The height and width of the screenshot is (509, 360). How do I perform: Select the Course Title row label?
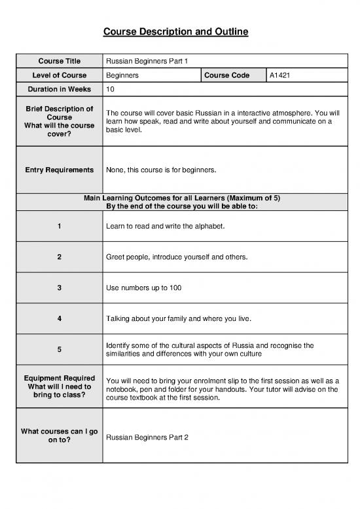(59, 61)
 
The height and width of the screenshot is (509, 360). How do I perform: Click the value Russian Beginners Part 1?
(147, 61)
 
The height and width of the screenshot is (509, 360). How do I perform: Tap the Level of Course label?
(59, 75)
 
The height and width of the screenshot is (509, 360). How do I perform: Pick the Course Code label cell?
(227, 75)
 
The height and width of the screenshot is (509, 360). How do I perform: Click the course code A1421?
(280, 75)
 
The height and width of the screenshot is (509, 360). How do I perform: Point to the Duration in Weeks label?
(59, 89)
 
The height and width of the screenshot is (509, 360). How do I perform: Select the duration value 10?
(110, 89)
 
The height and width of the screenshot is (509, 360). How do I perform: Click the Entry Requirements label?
(59, 170)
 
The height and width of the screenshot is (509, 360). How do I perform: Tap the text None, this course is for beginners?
(160, 170)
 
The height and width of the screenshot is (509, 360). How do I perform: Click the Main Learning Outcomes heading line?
(181, 198)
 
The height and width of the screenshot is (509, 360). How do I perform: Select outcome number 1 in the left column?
(59, 226)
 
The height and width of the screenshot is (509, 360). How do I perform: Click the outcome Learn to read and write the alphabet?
(166, 227)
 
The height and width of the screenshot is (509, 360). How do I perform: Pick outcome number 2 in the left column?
(59, 257)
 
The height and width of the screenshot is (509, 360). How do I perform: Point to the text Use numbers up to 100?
(143, 288)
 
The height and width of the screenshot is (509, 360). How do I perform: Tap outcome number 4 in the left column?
(59, 318)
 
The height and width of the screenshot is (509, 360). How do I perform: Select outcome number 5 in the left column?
(59, 349)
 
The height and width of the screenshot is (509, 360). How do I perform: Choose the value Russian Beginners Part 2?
(147, 437)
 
